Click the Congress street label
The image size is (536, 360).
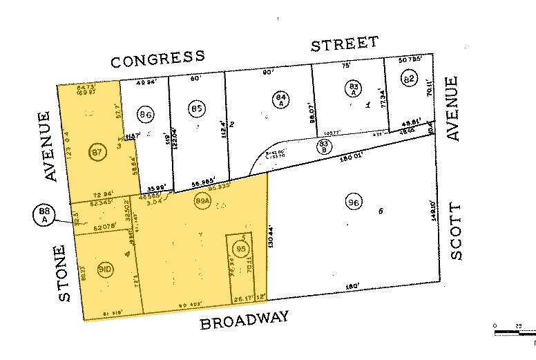[158, 59]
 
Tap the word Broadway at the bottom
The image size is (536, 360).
[245, 321]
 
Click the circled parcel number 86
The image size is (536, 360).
[145, 114]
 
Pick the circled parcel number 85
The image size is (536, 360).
[197, 108]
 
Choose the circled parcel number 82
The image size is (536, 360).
[409, 79]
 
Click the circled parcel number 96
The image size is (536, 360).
[354, 202]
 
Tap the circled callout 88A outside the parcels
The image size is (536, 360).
[44, 216]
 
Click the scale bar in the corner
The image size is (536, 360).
[515, 332]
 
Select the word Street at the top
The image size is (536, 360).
[344, 45]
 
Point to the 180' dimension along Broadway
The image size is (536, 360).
[352, 287]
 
